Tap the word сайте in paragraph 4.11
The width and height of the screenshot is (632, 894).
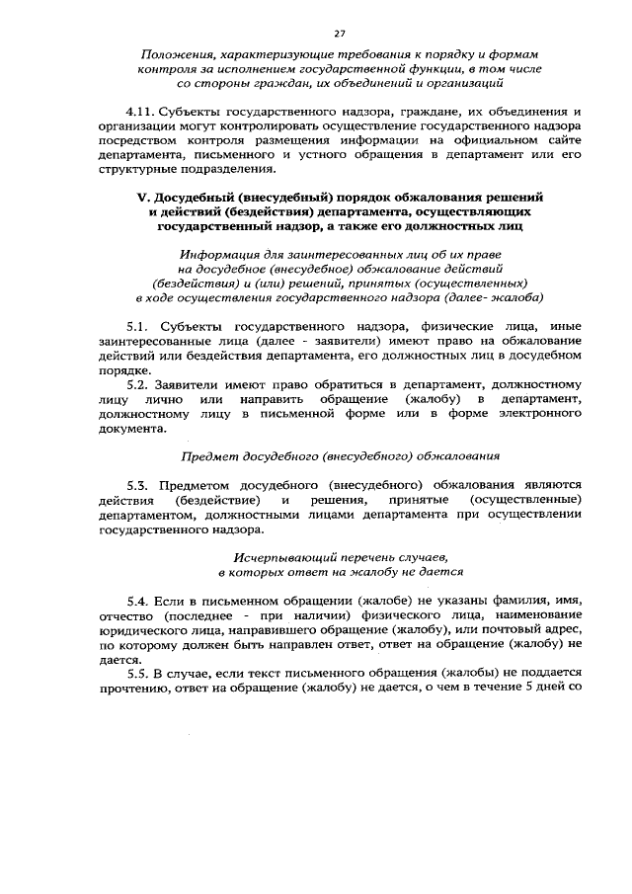click(x=563, y=141)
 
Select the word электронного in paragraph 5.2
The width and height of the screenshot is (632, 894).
click(x=519, y=415)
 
